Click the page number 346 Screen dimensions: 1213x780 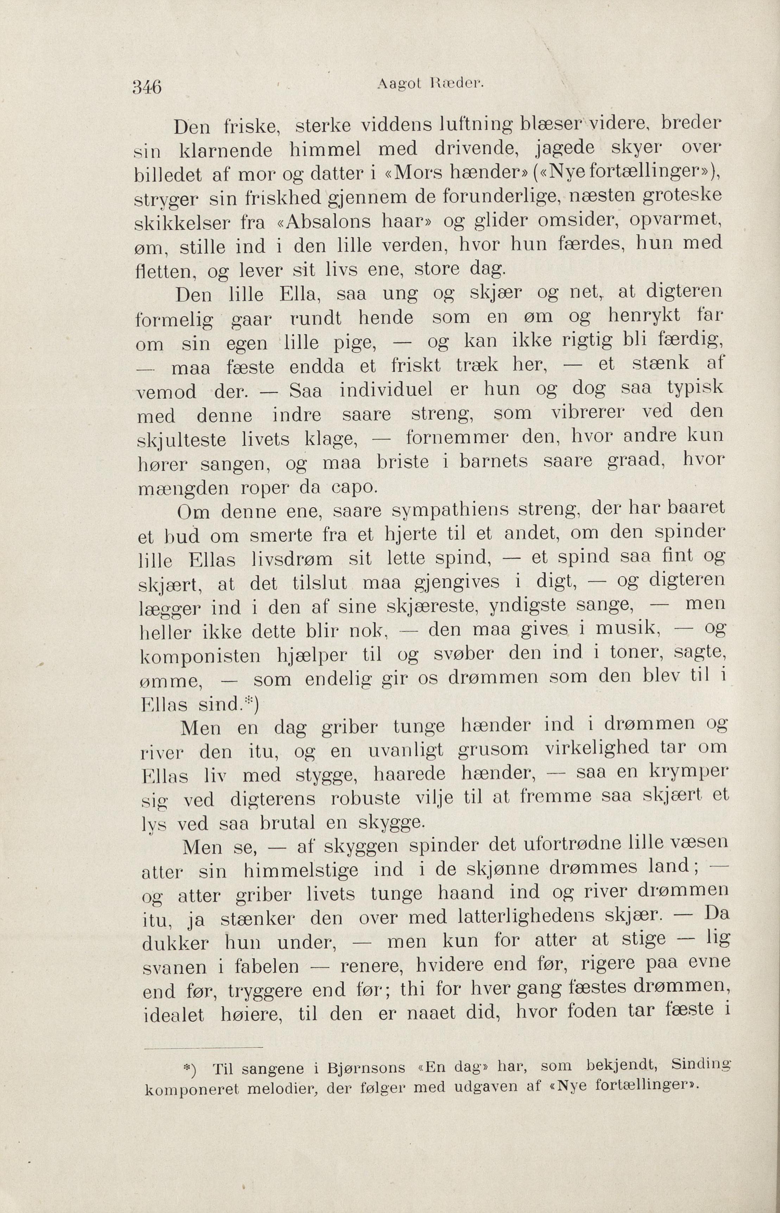(147, 87)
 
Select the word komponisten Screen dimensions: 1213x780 (200, 656)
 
